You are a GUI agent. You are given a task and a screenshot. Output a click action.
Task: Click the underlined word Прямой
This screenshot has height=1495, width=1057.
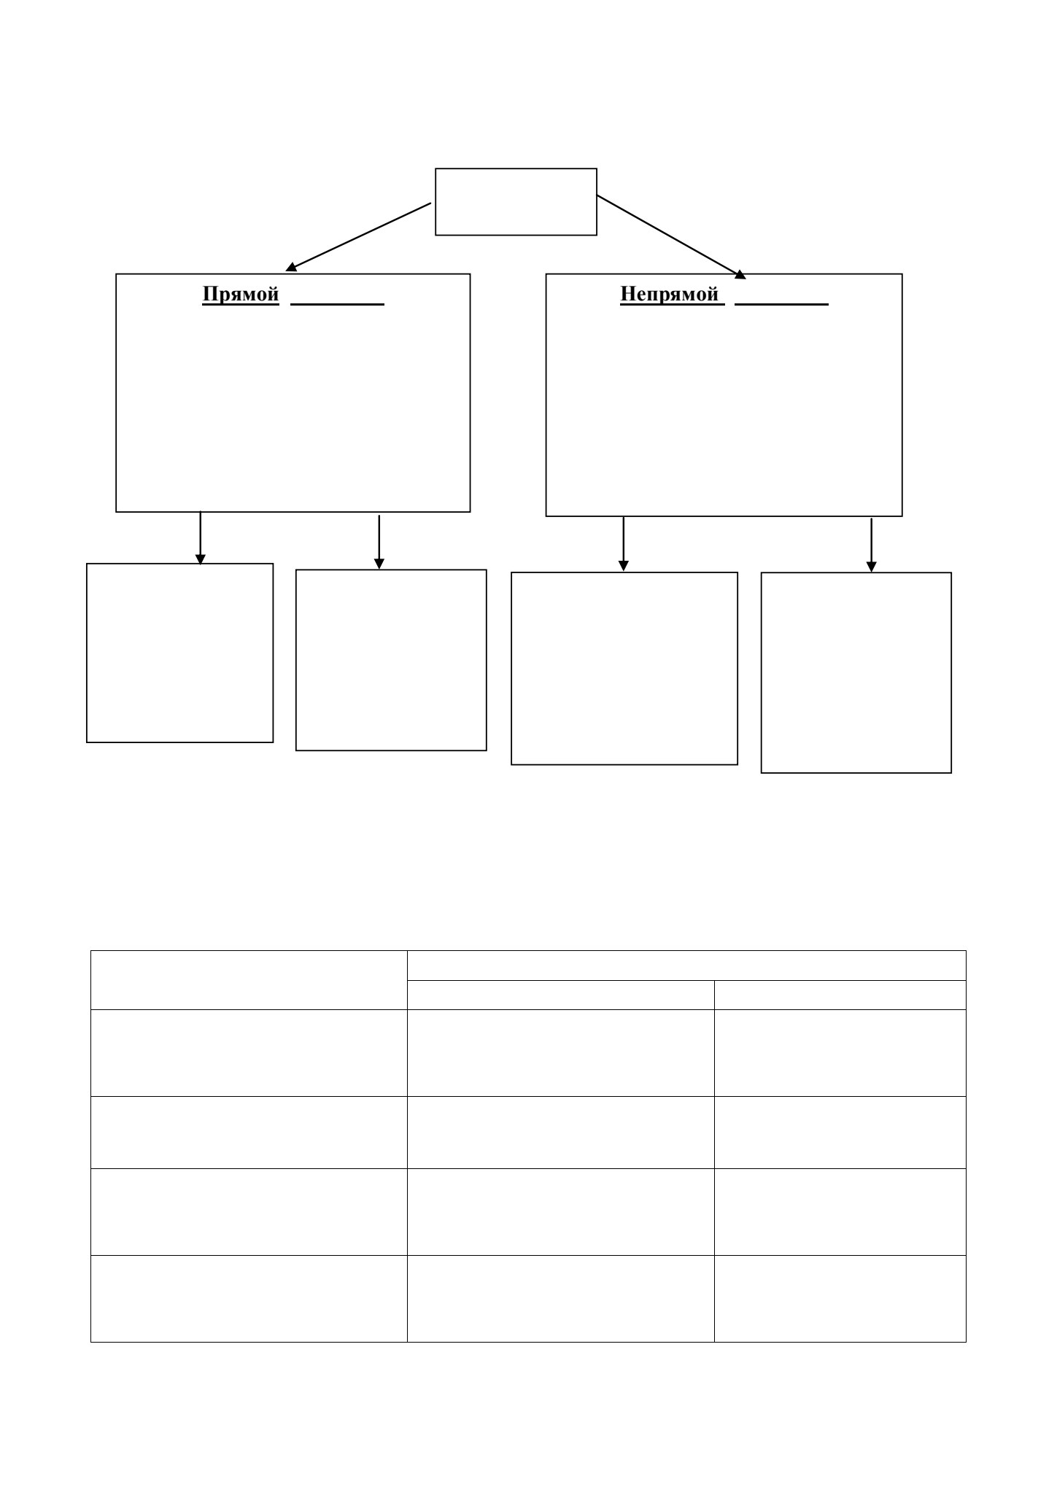pos(241,295)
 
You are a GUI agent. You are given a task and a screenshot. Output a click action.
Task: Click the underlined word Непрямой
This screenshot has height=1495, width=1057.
pos(669,295)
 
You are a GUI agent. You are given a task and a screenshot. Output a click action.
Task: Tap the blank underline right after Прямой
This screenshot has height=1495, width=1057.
pos(337,304)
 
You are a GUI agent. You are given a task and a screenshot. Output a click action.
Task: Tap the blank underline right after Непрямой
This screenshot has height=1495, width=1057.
pos(781,304)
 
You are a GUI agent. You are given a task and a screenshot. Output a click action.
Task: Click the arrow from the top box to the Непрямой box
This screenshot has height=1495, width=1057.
pos(671,237)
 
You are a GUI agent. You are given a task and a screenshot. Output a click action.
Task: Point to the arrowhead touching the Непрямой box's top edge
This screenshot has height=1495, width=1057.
pos(740,275)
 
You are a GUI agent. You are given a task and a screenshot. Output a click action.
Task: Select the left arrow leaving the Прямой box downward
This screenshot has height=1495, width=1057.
pos(201,538)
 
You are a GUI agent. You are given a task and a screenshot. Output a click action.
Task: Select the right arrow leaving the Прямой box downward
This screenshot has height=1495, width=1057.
pos(379,542)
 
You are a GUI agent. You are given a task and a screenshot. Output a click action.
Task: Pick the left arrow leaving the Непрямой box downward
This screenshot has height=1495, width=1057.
pos(623,544)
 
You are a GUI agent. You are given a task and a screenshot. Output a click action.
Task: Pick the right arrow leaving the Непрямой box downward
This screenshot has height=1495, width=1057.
pos(871,545)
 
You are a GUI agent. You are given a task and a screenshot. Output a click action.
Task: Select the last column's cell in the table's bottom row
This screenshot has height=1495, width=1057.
pos(840,1299)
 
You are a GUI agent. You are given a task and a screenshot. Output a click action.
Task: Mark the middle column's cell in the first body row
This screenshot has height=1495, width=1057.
pos(560,1053)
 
